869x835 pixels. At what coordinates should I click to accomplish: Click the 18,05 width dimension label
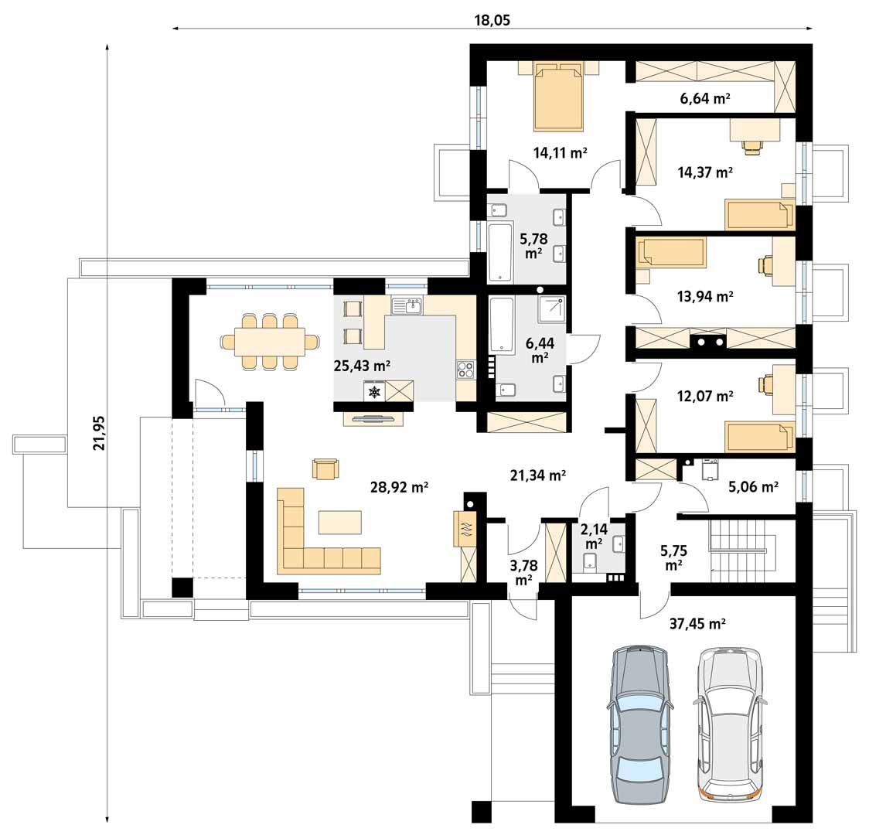point(492,21)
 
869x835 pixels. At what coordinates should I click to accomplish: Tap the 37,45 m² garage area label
point(697,624)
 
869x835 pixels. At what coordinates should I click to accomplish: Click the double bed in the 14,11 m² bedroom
point(559,96)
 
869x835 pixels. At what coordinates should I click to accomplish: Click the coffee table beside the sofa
point(339,522)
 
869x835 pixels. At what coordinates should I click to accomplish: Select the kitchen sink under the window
point(407,306)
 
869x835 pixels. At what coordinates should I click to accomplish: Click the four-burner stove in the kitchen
point(465,370)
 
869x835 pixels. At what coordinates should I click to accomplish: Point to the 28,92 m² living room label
point(399,488)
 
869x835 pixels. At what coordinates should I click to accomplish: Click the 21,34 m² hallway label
point(537,475)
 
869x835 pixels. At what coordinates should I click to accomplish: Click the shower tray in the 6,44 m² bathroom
point(551,308)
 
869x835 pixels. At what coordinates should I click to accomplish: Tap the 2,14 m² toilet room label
point(594,536)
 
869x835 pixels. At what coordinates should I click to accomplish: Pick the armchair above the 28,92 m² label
point(325,469)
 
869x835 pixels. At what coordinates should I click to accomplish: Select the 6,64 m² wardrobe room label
point(705,99)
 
